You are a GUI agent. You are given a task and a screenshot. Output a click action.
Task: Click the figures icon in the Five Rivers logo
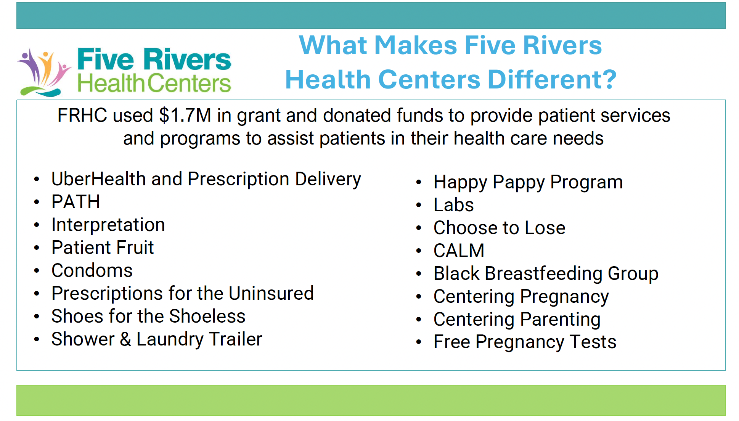(44, 72)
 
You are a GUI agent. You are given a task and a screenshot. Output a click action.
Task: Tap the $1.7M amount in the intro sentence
(185, 115)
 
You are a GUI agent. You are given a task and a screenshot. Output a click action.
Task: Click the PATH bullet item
(76, 202)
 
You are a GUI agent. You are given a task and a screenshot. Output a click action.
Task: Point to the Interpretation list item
(108, 225)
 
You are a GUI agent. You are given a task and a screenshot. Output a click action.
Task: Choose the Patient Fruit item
(103, 247)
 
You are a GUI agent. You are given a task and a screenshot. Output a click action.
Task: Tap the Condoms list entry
(92, 270)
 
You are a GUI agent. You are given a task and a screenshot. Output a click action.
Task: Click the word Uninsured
(271, 293)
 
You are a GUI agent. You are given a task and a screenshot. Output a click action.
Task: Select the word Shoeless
(207, 316)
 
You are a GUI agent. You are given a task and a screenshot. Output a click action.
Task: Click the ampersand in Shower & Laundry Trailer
(125, 339)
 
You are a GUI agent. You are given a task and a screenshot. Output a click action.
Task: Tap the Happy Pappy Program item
(528, 182)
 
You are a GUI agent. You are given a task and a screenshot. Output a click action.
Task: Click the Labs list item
(454, 205)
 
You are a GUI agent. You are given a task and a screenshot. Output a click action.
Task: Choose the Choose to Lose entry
(500, 228)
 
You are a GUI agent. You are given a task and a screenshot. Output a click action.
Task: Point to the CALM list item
(459, 251)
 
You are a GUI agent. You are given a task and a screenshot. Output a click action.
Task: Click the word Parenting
(561, 320)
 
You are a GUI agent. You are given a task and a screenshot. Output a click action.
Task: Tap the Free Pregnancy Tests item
(525, 342)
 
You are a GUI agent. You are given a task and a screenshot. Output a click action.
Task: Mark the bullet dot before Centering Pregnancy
(419, 297)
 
